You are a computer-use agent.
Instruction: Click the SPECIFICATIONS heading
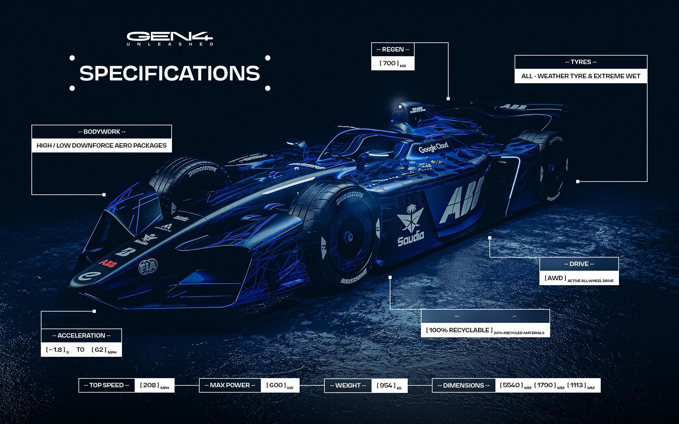click(170, 73)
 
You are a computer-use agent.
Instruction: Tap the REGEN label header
click(393, 50)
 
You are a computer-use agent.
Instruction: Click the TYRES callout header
click(581, 62)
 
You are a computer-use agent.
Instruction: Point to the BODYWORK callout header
click(102, 132)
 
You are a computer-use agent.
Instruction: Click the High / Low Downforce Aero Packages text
click(102, 145)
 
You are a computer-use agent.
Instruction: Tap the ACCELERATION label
click(81, 335)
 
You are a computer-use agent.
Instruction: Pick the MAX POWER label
click(230, 385)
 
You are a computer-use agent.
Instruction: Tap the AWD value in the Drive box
click(555, 278)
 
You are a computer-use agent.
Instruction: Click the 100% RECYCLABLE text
click(459, 330)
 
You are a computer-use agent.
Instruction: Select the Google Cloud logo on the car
click(433, 147)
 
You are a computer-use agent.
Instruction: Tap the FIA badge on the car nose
click(148, 267)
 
